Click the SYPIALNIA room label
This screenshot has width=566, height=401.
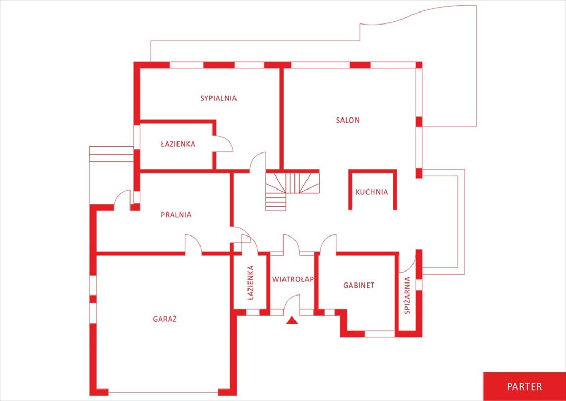coord(218,98)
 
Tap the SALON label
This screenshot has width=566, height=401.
coord(348,120)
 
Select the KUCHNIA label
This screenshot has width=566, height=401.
coord(372,192)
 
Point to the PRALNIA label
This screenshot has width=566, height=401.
coord(176,215)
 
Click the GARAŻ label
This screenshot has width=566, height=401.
coord(164,319)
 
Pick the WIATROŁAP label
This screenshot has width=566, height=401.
coord(293,279)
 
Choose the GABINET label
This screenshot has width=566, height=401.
coord(359,285)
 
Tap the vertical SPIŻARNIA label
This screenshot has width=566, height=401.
coord(408,295)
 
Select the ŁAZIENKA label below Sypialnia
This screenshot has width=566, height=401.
coord(178,144)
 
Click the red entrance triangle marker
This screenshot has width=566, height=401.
coord(292,320)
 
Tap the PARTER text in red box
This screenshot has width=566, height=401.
coord(524,386)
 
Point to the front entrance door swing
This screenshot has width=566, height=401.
coord(292,303)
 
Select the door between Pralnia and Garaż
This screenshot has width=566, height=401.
coord(193,244)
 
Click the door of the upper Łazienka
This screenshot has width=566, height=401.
coord(224,144)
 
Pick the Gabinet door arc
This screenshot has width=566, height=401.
coord(328,244)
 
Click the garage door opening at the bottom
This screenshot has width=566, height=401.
coord(163,392)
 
